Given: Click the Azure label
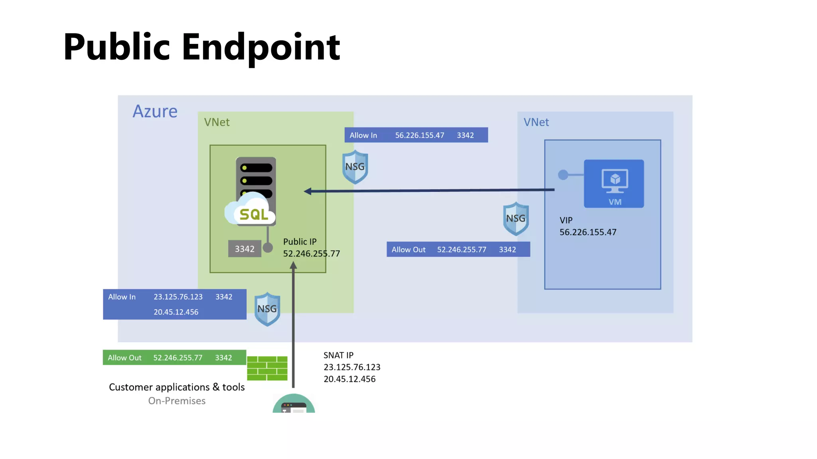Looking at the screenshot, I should coord(155,111).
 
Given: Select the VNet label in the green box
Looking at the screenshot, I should coord(217,122).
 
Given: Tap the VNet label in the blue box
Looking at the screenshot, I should coord(536,122).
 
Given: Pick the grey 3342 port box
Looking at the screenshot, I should coord(245,249).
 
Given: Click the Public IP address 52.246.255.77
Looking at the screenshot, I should coord(311,254).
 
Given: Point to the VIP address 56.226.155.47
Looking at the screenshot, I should coord(588,232).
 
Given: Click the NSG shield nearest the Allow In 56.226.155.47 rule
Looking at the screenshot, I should coord(355,167).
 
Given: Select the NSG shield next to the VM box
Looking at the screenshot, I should coord(516,219).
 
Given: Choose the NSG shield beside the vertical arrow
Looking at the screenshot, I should coord(267,309).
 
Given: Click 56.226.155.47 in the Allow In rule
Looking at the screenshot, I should coord(419,135).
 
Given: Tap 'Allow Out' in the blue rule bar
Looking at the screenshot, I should coord(408,250).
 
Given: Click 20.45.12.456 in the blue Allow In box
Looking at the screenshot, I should coord(176,312).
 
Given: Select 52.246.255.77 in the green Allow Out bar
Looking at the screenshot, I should coord(178,358).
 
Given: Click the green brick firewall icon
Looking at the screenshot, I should coord(267,368).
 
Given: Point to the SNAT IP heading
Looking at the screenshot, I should coord(338,355).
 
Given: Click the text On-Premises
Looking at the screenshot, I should coord(177,401).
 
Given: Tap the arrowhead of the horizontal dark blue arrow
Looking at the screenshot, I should coord(308,191).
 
